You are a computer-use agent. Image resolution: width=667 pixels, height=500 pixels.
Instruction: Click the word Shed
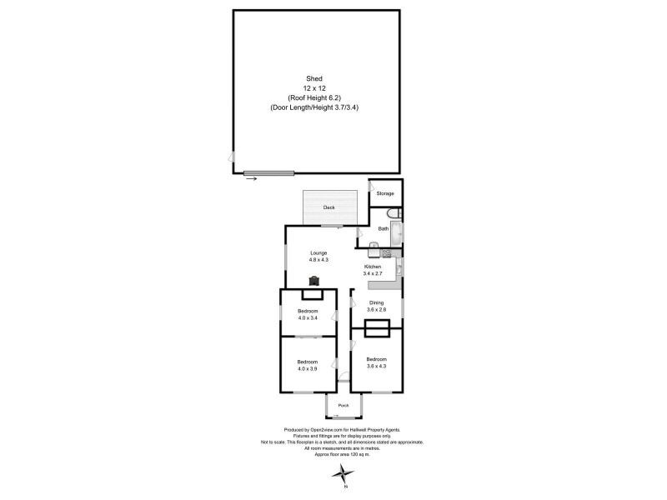[x=314, y=77]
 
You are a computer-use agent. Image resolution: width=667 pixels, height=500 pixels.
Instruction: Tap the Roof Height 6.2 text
[x=314, y=97]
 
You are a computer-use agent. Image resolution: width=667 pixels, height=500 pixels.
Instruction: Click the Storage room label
[x=384, y=193]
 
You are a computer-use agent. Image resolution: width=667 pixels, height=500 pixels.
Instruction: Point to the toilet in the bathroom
[x=394, y=212]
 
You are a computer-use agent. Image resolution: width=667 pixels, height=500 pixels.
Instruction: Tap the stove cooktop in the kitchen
[x=387, y=252]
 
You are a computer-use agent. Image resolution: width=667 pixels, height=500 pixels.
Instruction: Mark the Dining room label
[x=376, y=302]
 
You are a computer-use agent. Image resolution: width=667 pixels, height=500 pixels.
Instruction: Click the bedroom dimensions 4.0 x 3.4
[x=308, y=318]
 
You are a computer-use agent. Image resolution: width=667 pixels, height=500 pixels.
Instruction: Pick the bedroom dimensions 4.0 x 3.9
[x=308, y=368]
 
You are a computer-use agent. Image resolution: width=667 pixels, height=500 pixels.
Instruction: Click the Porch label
[x=343, y=407]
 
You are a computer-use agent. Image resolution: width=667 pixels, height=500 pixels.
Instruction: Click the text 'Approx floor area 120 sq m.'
[x=343, y=455]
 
